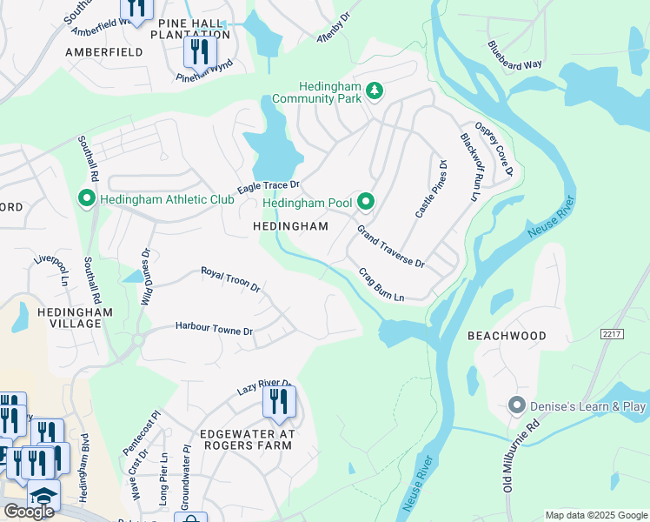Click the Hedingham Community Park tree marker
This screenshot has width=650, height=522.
click(x=374, y=90)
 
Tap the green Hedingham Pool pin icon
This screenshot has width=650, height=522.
click(x=366, y=202)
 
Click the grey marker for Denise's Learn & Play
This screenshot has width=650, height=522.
click(x=517, y=405)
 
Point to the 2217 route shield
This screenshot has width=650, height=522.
click(x=612, y=333)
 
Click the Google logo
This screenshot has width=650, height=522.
click(x=29, y=511)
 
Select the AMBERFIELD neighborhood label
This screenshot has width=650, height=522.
click(x=103, y=52)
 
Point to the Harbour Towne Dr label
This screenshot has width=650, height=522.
click(x=214, y=331)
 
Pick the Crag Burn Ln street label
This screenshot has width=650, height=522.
click(x=382, y=284)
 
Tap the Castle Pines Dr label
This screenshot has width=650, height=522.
click(x=430, y=189)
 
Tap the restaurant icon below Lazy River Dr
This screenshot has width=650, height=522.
click(x=278, y=402)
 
